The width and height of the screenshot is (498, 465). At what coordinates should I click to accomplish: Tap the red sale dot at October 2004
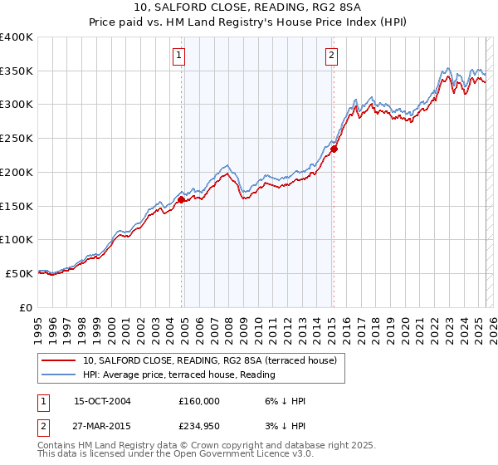click(181, 199)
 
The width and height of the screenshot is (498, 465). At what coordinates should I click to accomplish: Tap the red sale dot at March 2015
click(334, 149)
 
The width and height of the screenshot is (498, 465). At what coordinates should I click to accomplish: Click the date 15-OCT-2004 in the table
click(102, 401)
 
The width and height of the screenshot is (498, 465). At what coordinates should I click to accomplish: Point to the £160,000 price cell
click(199, 401)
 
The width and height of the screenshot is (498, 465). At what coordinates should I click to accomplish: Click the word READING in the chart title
click(285, 9)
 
